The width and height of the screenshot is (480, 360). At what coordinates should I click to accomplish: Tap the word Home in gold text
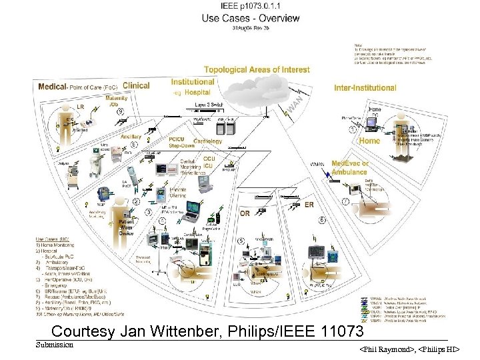click(x=369, y=141)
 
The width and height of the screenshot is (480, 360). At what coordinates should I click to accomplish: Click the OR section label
click(x=245, y=214)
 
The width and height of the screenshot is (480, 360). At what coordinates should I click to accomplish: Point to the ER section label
click(x=309, y=205)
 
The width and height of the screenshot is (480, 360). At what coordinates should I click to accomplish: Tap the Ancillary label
click(x=131, y=137)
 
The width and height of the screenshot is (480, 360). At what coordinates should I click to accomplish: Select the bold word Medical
click(x=52, y=87)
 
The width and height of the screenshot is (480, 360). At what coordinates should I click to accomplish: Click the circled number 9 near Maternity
click(x=120, y=112)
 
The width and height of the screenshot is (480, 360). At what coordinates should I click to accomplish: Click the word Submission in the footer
click(x=55, y=345)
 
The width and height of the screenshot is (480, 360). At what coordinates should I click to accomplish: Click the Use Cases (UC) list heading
click(x=52, y=239)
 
